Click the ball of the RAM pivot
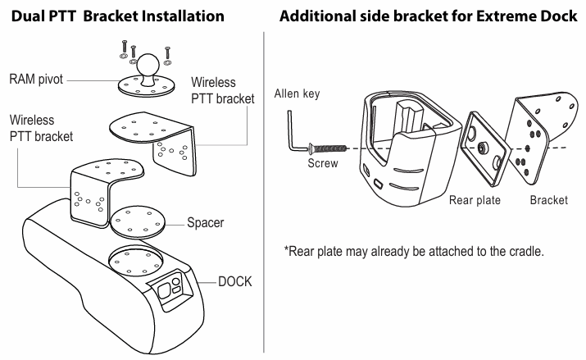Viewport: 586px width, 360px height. click(x=148, y=64)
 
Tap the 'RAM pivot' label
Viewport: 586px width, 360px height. click(x=36, y=80)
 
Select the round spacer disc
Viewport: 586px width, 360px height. click(x=138, y=222)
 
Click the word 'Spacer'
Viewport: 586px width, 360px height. click(x=205, y=222)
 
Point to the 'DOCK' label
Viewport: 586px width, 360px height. click(x=234, y=281)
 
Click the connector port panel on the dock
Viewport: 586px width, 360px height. click(x=170, y=289)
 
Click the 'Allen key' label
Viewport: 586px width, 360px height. click(x=298, y=93)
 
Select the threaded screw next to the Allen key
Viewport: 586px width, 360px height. click(x=327, y=148)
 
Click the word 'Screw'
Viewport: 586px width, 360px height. click(x=323, y=163)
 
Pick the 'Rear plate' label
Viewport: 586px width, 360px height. click(x=475, y=200)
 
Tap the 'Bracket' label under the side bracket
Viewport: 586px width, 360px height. click(x=548, y=200)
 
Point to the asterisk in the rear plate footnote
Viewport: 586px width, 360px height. click(x=287, y=248)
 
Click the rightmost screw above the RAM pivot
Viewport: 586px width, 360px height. click(x=168, y=55)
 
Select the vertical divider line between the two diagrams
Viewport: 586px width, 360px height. click(x=264, y=192)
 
